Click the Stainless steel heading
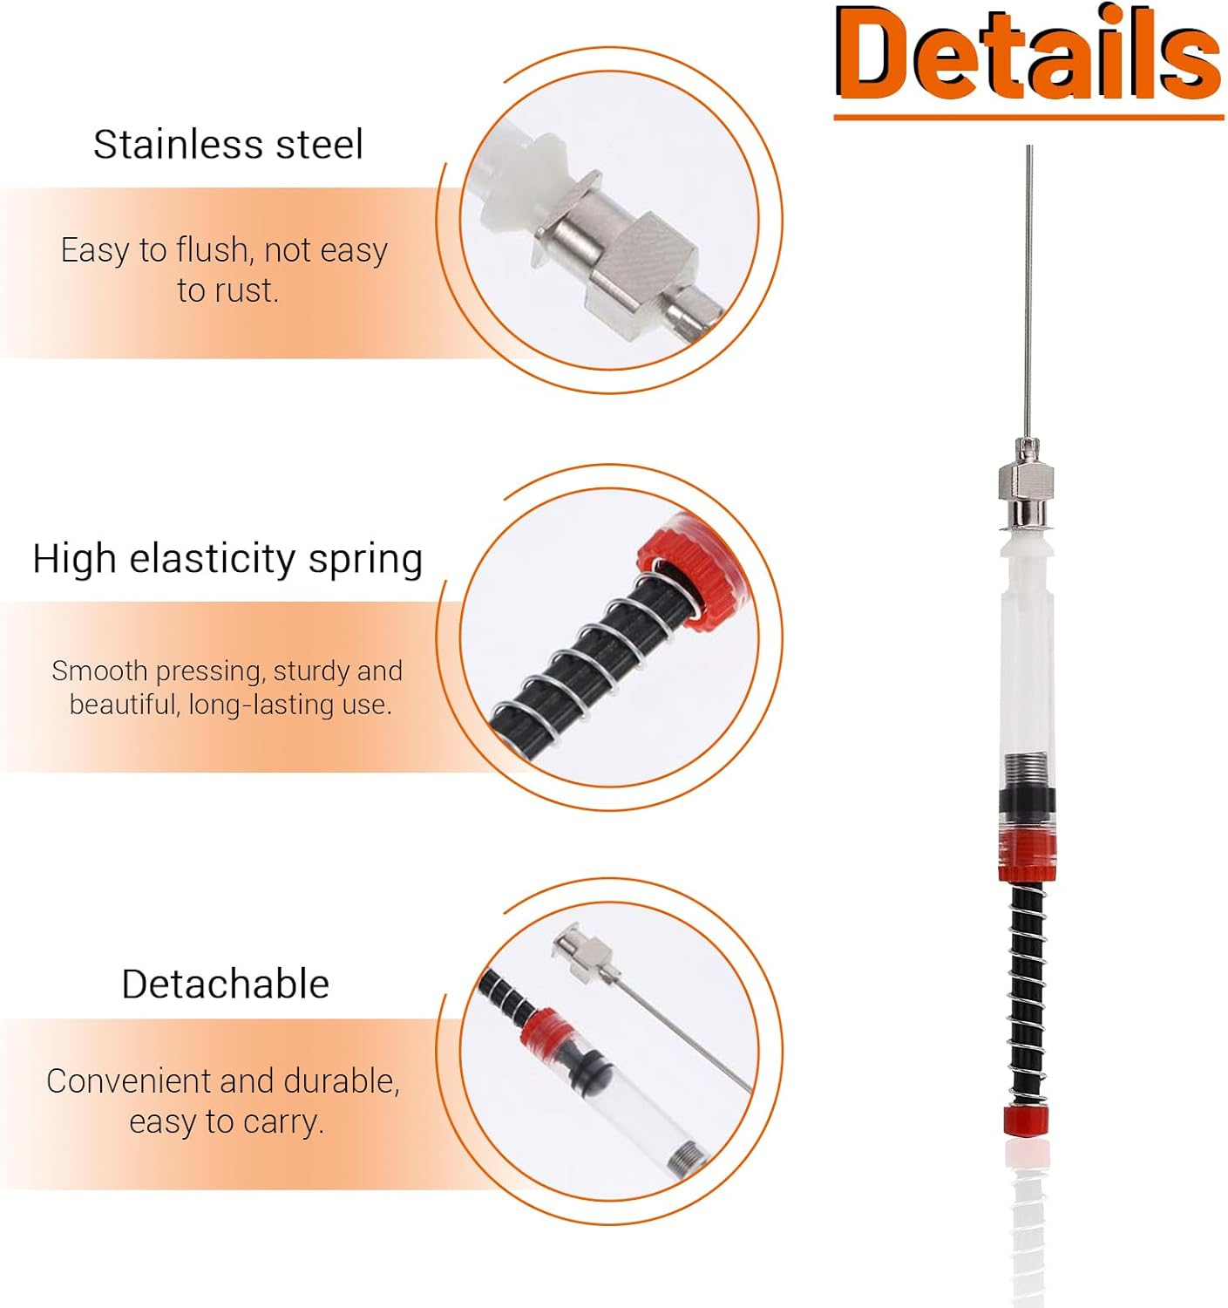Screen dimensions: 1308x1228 (x=228, y=145)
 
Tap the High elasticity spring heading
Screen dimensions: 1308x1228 (x=227, y=559)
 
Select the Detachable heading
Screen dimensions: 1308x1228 (x=226, y=984)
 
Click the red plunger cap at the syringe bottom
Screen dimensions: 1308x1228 (x=1025, y=1120)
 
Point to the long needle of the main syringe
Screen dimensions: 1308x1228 (x=1029, y=288)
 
